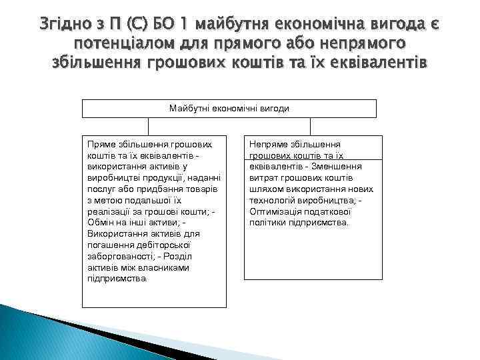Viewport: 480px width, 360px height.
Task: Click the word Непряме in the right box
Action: click(267, 143)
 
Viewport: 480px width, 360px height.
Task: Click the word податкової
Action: click(329, 211)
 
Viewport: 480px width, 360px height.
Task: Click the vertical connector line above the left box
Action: click(147, 127)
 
